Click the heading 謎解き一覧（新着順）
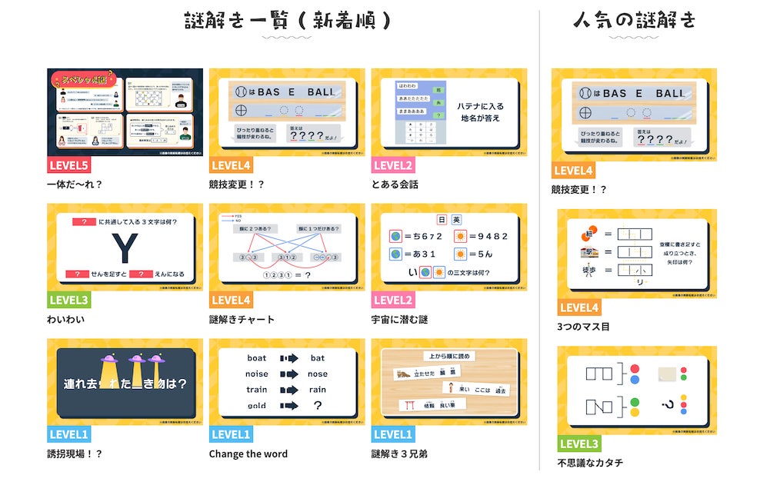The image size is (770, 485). tap(288, 21)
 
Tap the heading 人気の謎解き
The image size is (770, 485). tap(634, 21)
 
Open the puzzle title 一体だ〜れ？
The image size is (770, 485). tap(75, 184)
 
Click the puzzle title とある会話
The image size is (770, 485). tap(395, 184)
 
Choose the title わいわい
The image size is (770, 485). tap(66, 319)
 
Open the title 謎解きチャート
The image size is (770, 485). tap(242, 319)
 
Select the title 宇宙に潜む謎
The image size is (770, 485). tap(399, 319)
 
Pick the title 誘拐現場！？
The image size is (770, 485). tap(75, 453)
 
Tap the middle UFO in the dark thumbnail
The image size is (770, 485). tap(137, 360)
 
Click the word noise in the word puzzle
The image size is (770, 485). tap(257, 374)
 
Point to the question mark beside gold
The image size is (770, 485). tap(318, 405)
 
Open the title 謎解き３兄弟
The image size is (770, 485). tap(399, 453)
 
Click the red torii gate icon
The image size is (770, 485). tap(405, 404)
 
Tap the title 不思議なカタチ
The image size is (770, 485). tap(591, 463)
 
